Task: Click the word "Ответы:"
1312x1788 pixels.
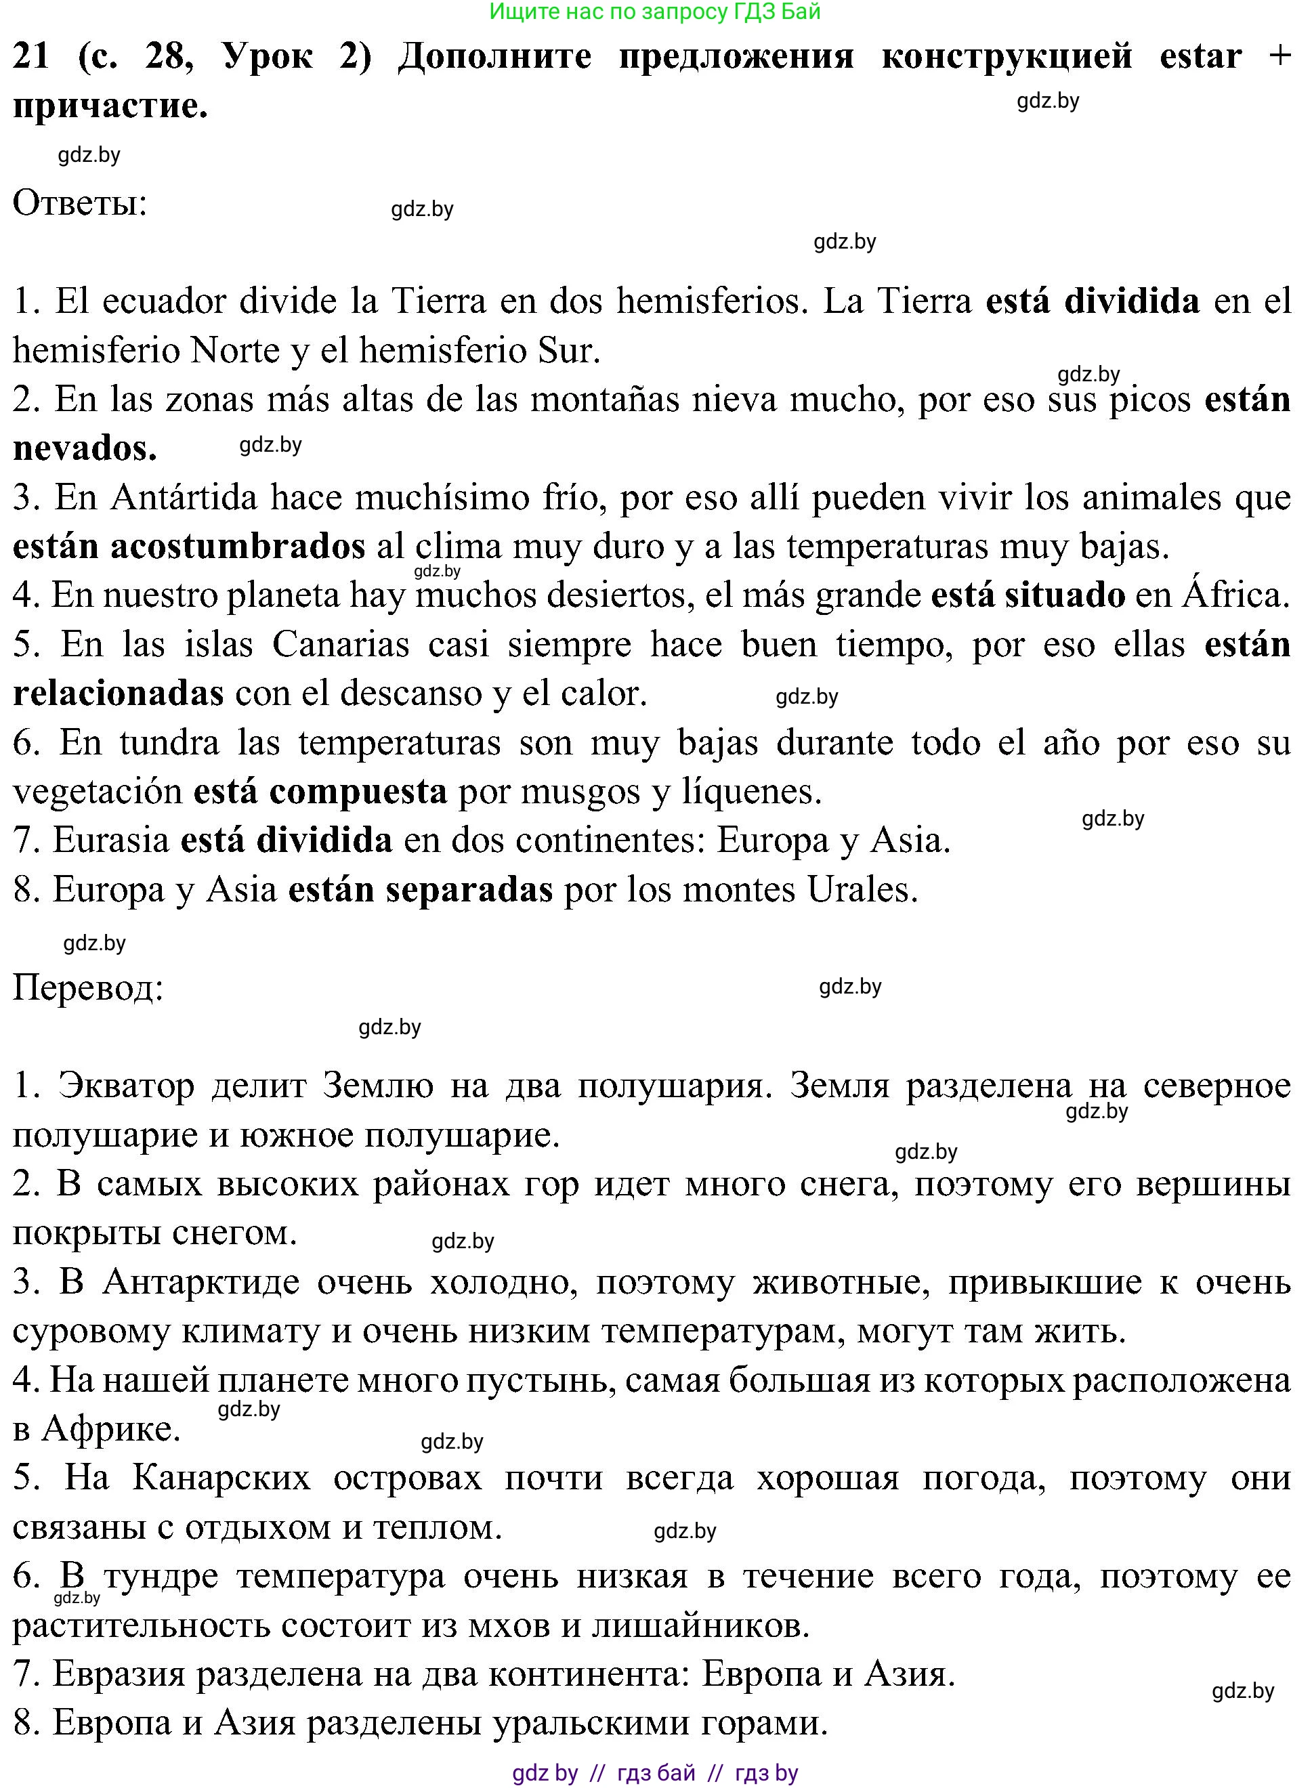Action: coord(80,203)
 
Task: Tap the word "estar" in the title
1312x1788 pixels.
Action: coord(1201,56)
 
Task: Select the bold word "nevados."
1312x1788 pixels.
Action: coord(85,448)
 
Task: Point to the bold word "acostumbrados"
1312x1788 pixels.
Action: coord(238,547)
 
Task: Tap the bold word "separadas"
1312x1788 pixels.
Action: coord(469,890)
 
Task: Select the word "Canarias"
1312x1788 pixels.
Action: coord(341,645)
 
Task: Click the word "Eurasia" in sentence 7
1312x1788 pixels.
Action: coord(111,840)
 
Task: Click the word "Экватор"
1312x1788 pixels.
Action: coord(125,1086)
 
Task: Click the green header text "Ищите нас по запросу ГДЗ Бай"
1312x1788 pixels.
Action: coord(655,11)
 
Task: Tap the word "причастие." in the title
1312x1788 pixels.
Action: coord(110,106)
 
